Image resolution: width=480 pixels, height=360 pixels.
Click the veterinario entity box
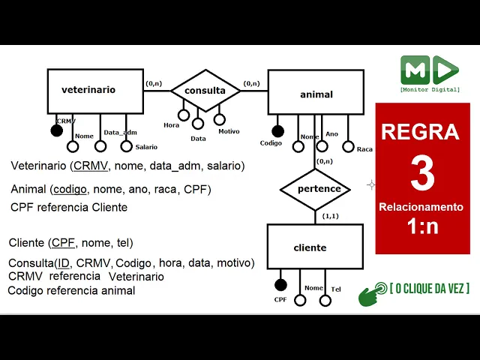tap(94, 91)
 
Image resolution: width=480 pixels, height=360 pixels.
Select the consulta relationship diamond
tap(205, 91)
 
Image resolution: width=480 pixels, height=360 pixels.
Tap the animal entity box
tap(316, 94)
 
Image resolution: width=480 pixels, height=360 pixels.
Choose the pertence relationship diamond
tap(315, 189)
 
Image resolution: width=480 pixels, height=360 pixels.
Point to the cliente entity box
tap(315, 247)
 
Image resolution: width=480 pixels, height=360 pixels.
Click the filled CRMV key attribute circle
tap(56, 130)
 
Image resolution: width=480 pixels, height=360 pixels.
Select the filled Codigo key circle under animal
tap(277, 132)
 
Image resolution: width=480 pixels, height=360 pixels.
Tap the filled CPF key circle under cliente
tap(280, 285)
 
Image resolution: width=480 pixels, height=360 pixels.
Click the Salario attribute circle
tap(126, 146)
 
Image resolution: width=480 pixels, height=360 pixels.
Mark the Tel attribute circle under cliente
tap(325, 300)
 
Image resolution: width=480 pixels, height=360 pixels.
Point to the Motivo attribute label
tap(229, 131)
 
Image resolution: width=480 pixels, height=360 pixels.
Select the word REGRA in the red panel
tap(420, 132)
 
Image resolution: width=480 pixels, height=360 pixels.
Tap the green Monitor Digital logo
tap(429, 70)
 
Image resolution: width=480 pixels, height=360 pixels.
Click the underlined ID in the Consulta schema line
tap(64, 263)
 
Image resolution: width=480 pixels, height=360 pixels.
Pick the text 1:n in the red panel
tap(422, 226)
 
